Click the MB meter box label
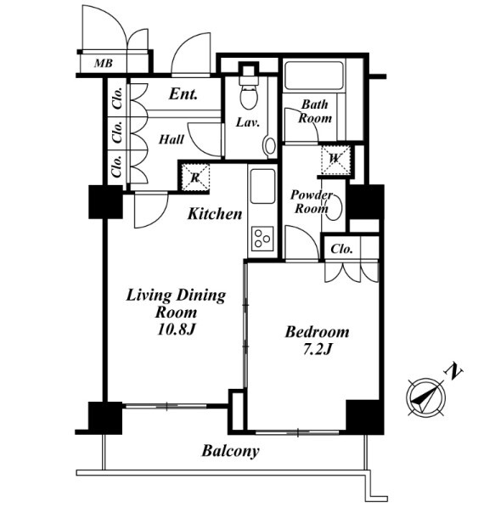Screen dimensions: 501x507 click(104, 63)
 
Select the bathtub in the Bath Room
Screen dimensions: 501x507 click(313, 76)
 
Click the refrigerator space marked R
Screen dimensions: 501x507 click(195, 177)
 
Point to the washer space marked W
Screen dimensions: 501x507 click(335, 160)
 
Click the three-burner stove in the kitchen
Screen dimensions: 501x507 click(262, 238)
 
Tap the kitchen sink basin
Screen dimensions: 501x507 click(262, 186)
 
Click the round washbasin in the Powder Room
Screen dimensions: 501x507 click(333, 207)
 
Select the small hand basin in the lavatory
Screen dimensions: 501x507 click(269, 146)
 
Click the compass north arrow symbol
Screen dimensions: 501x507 click(426, 397)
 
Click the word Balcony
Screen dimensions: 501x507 click(230, 451)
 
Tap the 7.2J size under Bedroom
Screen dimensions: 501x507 click(318, 350)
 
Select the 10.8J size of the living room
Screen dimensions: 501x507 click(177, 330)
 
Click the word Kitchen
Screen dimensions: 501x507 click(215, 214)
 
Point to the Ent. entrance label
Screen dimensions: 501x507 click(183, 94)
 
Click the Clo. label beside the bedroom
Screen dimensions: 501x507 click(341, 249)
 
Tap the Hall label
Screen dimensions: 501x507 click(172, 139)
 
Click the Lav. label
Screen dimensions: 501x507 click(248, 122)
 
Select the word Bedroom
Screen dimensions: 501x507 click(317, 332)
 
